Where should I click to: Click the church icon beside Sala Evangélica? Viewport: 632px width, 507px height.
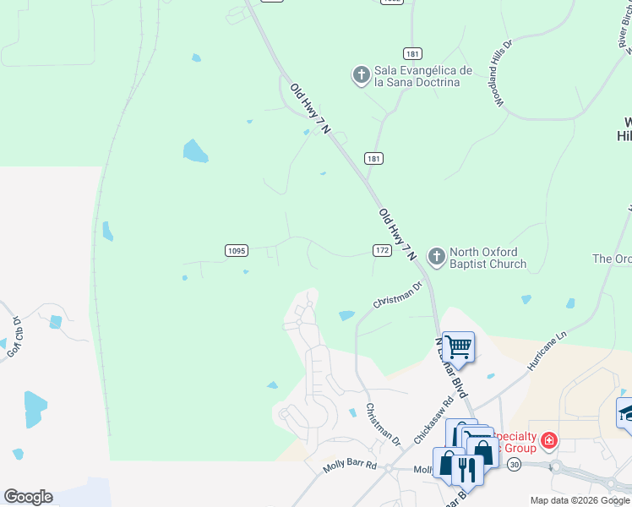click(x=361, y=75)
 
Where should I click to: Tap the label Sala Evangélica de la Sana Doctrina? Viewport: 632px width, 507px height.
click(x=417, y=76)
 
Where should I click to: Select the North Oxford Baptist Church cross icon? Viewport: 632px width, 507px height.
click(x=436, y=255)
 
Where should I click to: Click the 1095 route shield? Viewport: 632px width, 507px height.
click(x=237, y=250)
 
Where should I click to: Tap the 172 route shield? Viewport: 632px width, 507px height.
click(x=382, y=250)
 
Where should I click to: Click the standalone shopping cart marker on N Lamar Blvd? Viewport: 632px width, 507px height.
click(x=458, y=346)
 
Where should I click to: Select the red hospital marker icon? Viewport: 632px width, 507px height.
click(x=548, y=440)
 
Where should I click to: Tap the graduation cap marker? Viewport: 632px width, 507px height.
click(x=626, y=412)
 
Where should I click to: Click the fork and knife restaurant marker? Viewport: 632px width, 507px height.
click(x=465, y=467)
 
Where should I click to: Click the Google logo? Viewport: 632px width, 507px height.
click(x=28, y=497)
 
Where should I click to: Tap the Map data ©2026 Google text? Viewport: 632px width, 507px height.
click(x=579, y=500)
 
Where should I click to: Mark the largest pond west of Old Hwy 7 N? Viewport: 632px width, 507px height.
click(x=195, y=151)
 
